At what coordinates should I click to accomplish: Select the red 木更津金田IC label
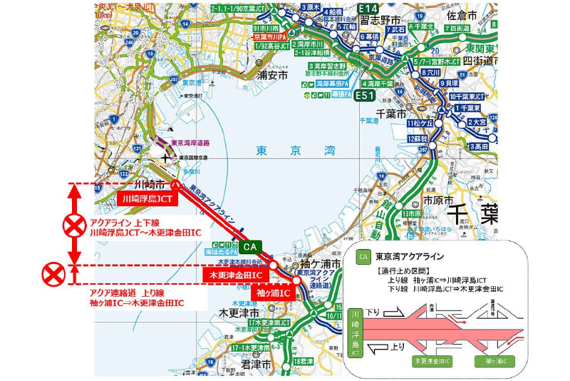pyautogui.click(x=234, y=275)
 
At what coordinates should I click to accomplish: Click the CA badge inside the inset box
pyautogui.click(x=363, y=255)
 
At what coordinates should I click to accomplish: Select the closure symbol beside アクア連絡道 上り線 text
pyautogui.click(x=51, y=273)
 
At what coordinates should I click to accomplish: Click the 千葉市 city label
pyautogui.click(x=390, y=113)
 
